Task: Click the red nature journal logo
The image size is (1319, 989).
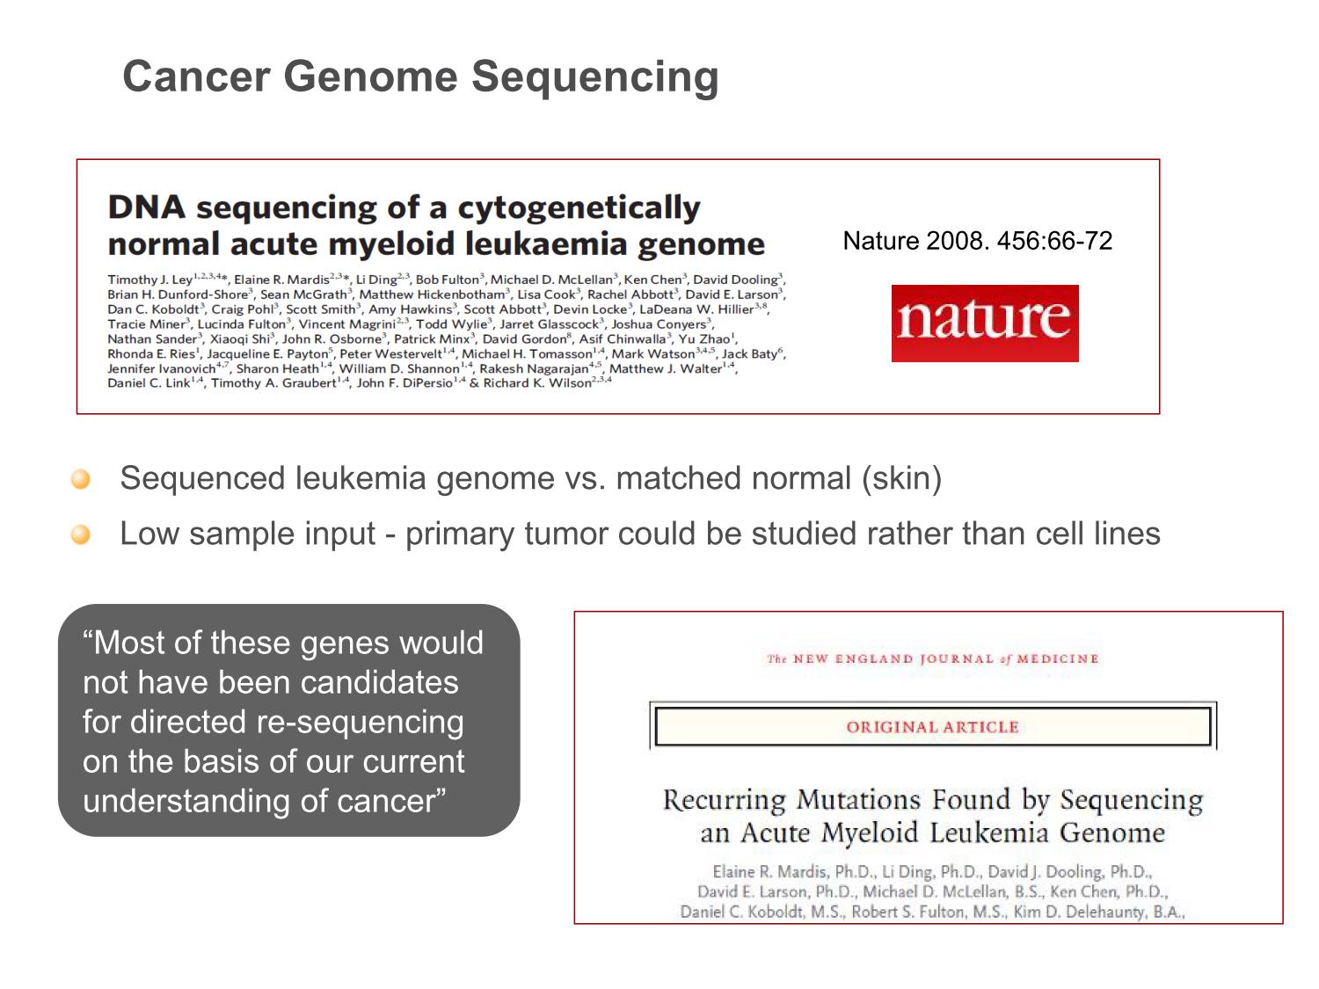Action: [984, 323]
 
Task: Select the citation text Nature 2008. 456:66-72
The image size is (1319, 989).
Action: [977, 241]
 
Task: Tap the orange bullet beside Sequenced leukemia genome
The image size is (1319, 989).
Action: [81, 479]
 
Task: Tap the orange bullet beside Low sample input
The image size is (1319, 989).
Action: [81, 534]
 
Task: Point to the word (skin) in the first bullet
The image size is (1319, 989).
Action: [901, 478]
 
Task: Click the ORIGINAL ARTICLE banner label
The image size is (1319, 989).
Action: [932, 727]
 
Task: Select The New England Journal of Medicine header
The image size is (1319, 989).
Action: [933, 658]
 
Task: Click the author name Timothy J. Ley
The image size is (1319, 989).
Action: [150, 280]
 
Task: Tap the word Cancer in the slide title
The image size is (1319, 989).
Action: [196, 76]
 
